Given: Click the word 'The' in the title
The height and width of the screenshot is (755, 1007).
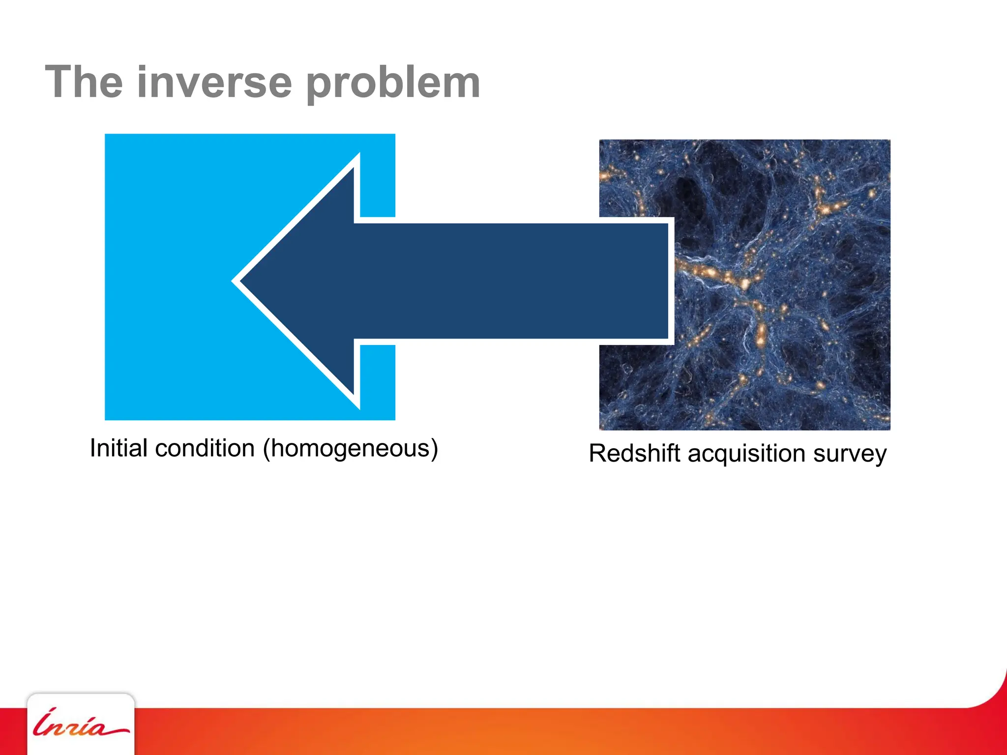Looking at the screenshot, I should click(x=84, y=82).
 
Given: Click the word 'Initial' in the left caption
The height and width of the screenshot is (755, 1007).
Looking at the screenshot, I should click(x=118, y=448).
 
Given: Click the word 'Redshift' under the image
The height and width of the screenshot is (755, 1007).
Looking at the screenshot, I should click(x=634, y=453).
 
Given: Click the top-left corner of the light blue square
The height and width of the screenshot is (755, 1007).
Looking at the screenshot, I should click(x=106, y=135).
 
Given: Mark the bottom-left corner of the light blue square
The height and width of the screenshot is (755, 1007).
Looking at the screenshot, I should click(x=106, y=419).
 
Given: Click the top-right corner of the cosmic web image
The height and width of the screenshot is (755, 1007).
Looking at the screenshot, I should click(x=889, y=141).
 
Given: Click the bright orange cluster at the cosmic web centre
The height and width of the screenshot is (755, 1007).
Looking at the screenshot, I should click(x=745, y=284).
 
